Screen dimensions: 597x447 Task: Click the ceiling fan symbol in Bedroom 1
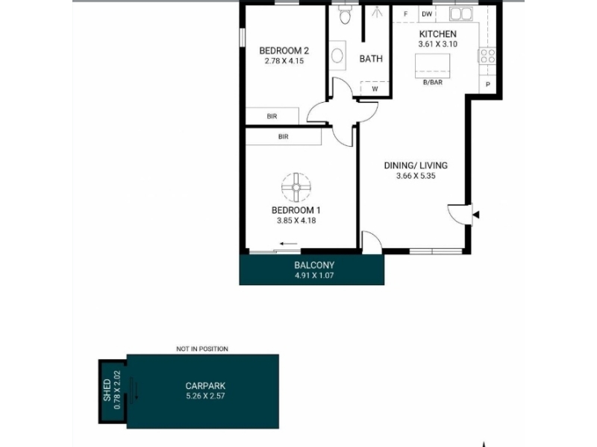[x=296, y=187]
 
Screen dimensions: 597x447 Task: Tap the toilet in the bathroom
[x=345, y=15]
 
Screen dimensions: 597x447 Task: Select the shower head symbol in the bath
[x=377, y=13]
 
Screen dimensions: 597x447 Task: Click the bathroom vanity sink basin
[x=337, y=55]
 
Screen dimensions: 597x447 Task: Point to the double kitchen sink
[x=461, y=14]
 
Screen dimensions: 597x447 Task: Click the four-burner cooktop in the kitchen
[x=488, y=56]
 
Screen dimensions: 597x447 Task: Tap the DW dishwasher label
[x=427, y=14]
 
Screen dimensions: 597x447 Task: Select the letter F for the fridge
[x=405, y=14]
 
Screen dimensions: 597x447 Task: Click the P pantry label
[x=488, y=84]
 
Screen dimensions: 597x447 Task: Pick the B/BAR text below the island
[x=433, y=82]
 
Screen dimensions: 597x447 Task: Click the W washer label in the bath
[x=375, y=89]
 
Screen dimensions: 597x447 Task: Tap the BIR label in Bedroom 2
[x=272, y=116]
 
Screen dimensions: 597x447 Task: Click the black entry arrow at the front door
[x=476, y=215]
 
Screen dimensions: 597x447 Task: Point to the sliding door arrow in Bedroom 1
[x=288, y=244]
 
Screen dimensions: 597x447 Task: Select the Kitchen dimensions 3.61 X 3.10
[x=438, y=44]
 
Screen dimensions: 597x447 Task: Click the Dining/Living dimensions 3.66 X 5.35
[x=416, y=176]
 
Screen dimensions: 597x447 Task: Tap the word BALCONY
[x=314, y=265]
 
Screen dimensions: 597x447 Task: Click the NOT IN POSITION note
[x=202, y=349]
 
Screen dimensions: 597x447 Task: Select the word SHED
[x=107, y=390]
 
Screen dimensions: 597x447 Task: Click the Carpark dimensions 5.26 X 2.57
[x=206, y=396]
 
